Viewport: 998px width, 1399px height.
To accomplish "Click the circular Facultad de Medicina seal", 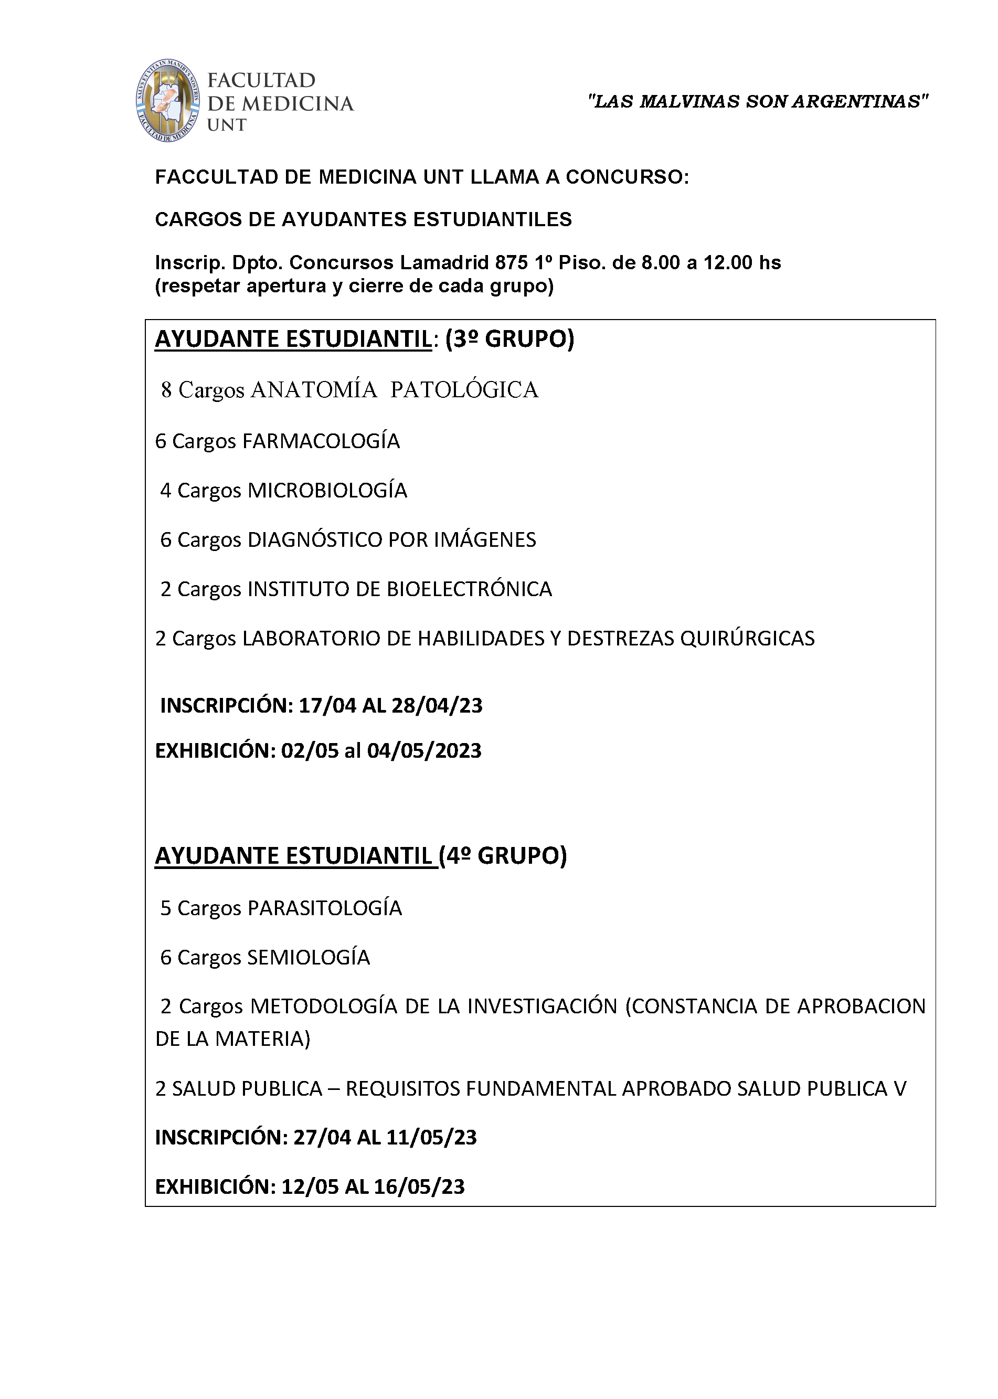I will [168, 101].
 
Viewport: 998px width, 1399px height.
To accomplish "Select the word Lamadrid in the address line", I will [444, 263].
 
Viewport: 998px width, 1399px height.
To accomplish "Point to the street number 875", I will [511, 263].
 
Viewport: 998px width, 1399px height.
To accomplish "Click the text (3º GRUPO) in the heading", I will [509, 339].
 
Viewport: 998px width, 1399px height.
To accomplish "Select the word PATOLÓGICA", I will [464, 390].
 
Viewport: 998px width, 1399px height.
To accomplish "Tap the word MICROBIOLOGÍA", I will [327, 490].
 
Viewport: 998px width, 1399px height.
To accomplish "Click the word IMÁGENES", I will [485, 540].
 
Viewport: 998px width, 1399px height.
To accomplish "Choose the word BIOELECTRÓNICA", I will [469, 589].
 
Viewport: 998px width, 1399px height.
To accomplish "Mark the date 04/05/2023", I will [424, 751].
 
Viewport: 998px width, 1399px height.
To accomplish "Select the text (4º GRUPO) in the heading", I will [503, 856].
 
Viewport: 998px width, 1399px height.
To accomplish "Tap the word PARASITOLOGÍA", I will [324, 908].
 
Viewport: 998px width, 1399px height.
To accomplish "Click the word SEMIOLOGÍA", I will [309, 957].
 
